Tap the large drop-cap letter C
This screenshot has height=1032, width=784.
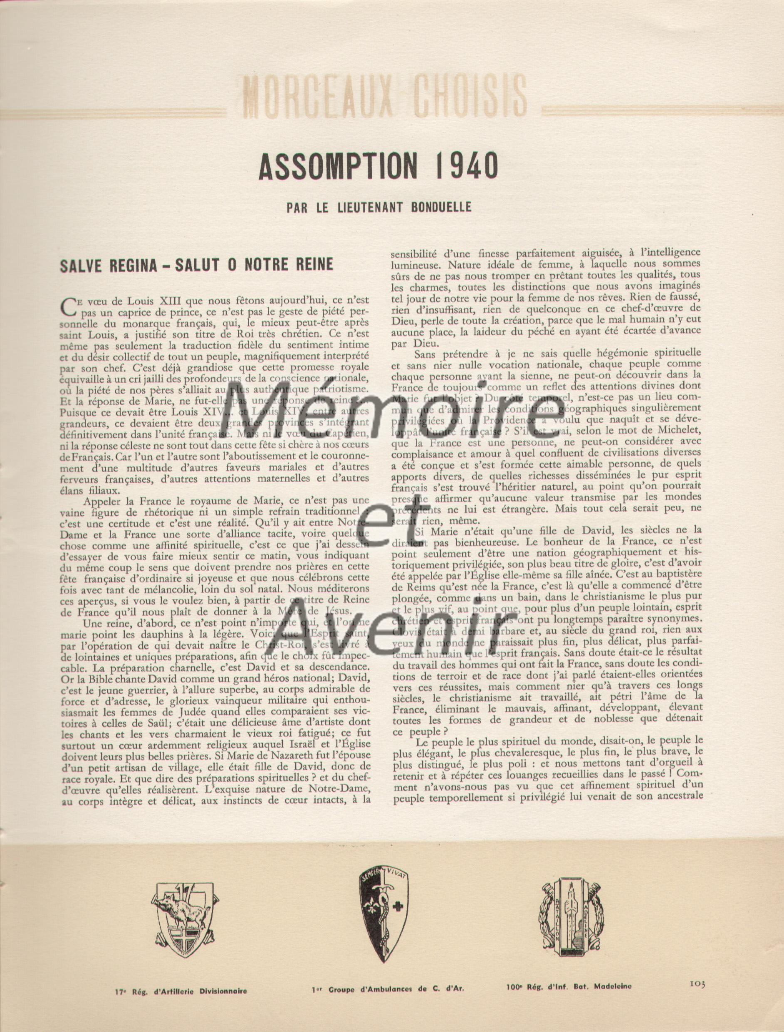click(68, 306)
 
